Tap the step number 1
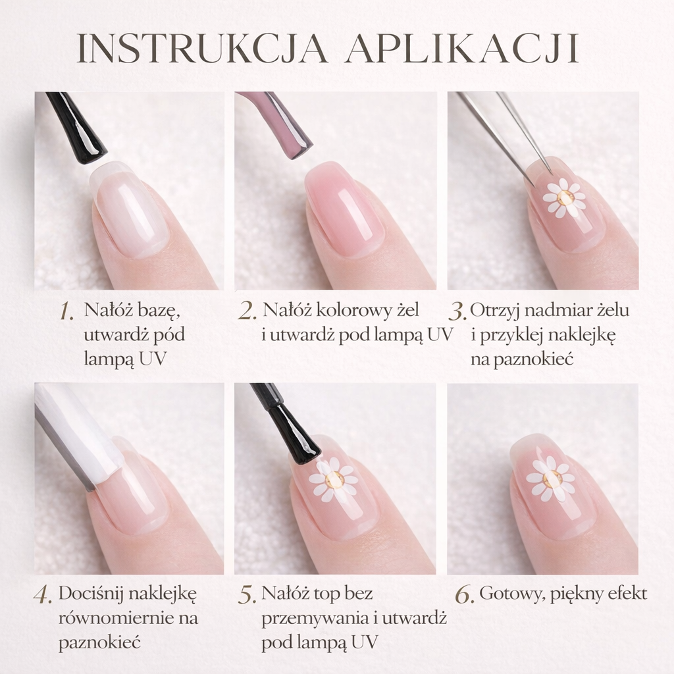[x=66, y=311]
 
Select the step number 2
[x=247, y=311]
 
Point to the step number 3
[x=458, y=311]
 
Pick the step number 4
[x=43, y=595]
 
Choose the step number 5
[x=247, y=595]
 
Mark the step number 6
[x=465, y=595]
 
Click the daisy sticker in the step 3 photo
[x=564, y=197]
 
